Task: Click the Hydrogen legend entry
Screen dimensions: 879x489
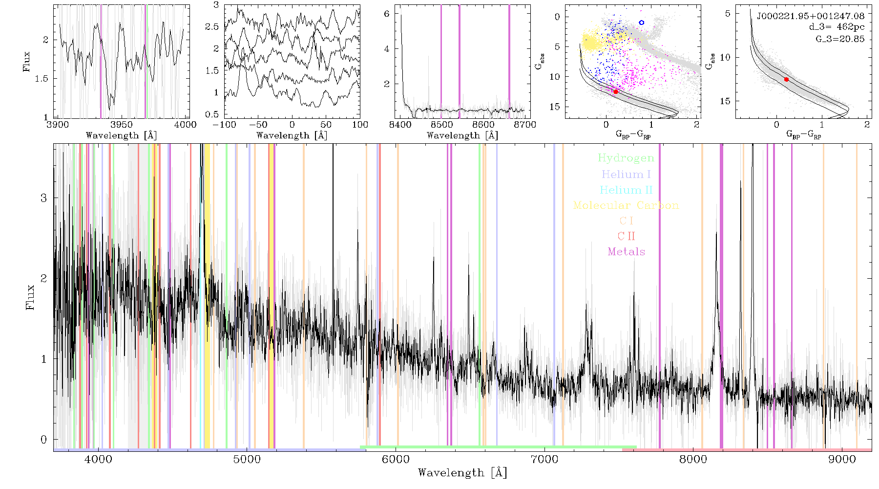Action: (x=626, y=158)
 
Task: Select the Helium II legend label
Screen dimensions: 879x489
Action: (x=626, y=190)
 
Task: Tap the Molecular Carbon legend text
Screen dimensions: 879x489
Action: (x=626, y=205)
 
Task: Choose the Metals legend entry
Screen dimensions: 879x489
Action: (x=626, y=252)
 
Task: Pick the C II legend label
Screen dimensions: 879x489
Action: (x=626, y=236)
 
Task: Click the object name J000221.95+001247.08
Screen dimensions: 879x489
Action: (x=811, y=16)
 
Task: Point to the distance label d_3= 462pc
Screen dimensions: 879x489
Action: (x=837, y=27)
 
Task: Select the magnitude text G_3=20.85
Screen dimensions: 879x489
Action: (x=840, y=39)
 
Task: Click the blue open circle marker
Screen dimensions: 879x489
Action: (x=642, y=22)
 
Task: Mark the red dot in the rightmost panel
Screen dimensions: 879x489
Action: (x=786, y=79)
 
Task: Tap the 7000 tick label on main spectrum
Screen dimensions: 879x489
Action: (x=544, y=459)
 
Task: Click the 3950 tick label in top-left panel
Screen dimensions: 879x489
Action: (x=122, y=125)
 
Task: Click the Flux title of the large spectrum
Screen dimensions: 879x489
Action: (x=30, y=297)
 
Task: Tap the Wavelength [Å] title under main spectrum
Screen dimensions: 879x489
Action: (x=462, y=473)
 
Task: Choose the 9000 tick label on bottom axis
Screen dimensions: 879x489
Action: (x=842, y=459)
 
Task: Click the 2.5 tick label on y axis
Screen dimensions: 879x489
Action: (x=212, y=26)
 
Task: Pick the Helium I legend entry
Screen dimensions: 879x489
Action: (x=626, y=175)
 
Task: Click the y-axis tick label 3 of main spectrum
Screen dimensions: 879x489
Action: (x=44, y=198)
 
